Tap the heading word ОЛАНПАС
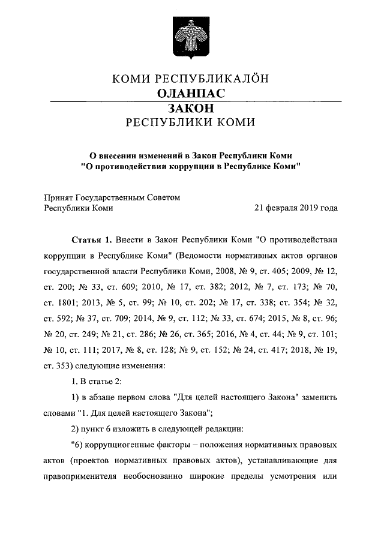[191, 94]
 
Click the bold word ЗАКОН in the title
[191, 109]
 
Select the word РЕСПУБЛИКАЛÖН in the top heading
[224, 79]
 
